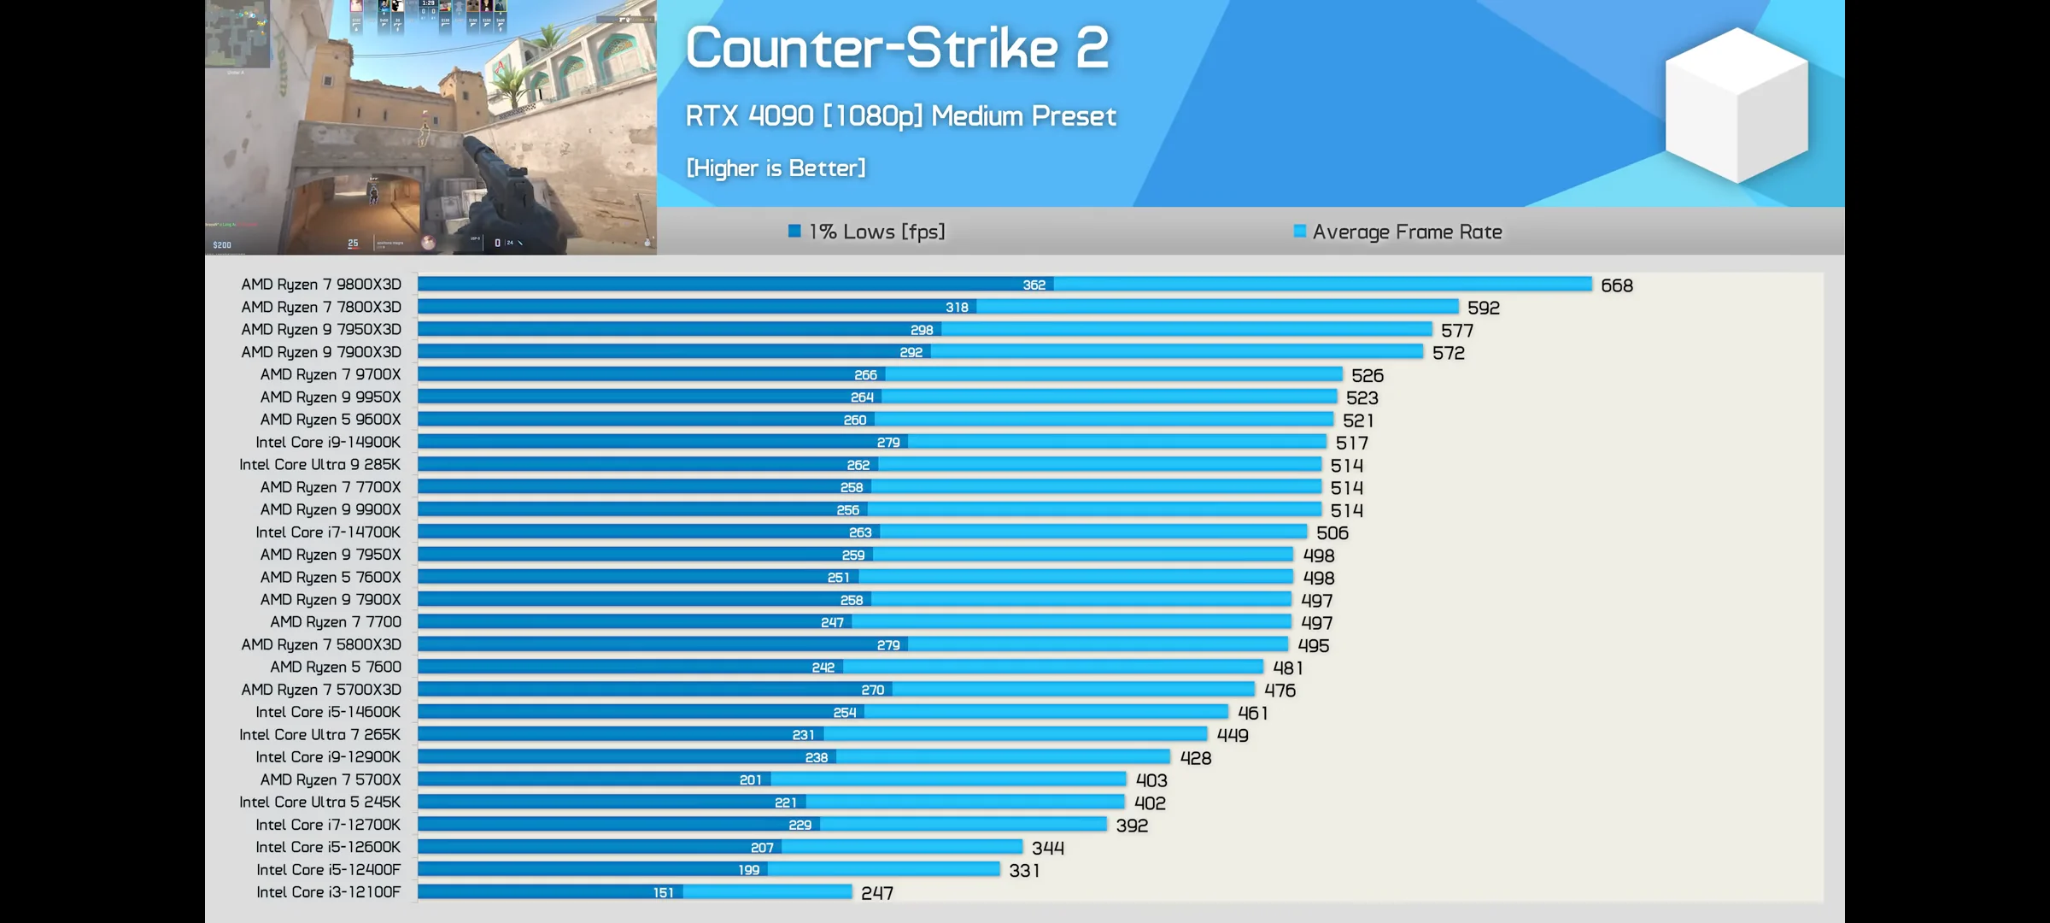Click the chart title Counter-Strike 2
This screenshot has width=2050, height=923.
(897, 48)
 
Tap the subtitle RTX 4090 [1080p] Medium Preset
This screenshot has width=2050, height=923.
(900, 116)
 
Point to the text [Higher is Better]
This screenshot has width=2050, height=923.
(776, 168)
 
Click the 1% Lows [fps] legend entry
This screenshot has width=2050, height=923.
(867, 232)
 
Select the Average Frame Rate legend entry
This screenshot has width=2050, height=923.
(1397, 232)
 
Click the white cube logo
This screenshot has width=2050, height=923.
(1736, 105)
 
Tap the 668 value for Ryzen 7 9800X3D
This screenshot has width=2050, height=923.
(1616, 285)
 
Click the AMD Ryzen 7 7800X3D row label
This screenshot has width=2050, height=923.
(320, 307)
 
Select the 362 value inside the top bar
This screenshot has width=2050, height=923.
(1034, 285)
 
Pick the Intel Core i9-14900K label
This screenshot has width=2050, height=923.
(328, 442)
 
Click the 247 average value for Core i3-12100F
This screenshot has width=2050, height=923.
(876, 893)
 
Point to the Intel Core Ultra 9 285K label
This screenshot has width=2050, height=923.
(319, 464)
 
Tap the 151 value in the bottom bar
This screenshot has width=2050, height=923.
(663, 892)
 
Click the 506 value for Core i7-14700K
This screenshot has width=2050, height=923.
(1332, 533)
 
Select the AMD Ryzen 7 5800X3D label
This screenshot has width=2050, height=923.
(320, 644)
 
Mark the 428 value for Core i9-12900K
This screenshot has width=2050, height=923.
(1195, 758)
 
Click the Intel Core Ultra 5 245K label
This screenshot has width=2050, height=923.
(319, 802)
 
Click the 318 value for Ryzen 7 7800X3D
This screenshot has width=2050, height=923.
(957, 307)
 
